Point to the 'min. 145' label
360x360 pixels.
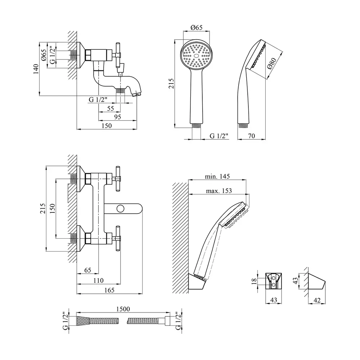pos(217,176)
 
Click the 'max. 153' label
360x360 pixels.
pos(219,191)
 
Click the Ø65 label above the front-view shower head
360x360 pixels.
pos(196,27)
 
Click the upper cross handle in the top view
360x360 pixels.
pos(118,177)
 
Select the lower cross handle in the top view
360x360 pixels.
pos(118,238)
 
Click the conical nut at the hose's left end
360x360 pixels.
pos(82,320)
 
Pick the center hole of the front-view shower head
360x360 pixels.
pos(196,56)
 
